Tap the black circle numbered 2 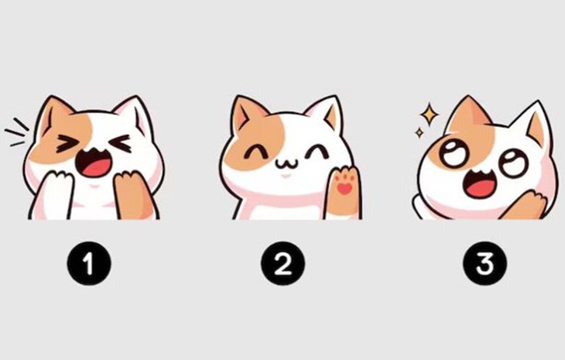coord(283,265)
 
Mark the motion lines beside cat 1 coord(17,133)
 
